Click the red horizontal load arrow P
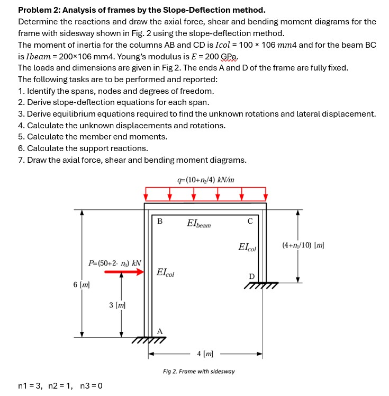click(x=124, y=272)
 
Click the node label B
click(x=160, y=221)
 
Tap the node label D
click(x=251, y=276)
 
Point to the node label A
click(x=160, y=331)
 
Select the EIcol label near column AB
click(x=166, y=273)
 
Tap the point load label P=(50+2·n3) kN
click(x=114, y=262)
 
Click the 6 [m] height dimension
click(x=81, y=285)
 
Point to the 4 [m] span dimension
click(x=205, y=353)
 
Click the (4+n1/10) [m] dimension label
click(x=303, y=245)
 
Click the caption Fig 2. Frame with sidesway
click(x=198, y=371)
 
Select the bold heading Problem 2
click(x=141, y=10)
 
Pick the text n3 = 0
click(x=91, y=385)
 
